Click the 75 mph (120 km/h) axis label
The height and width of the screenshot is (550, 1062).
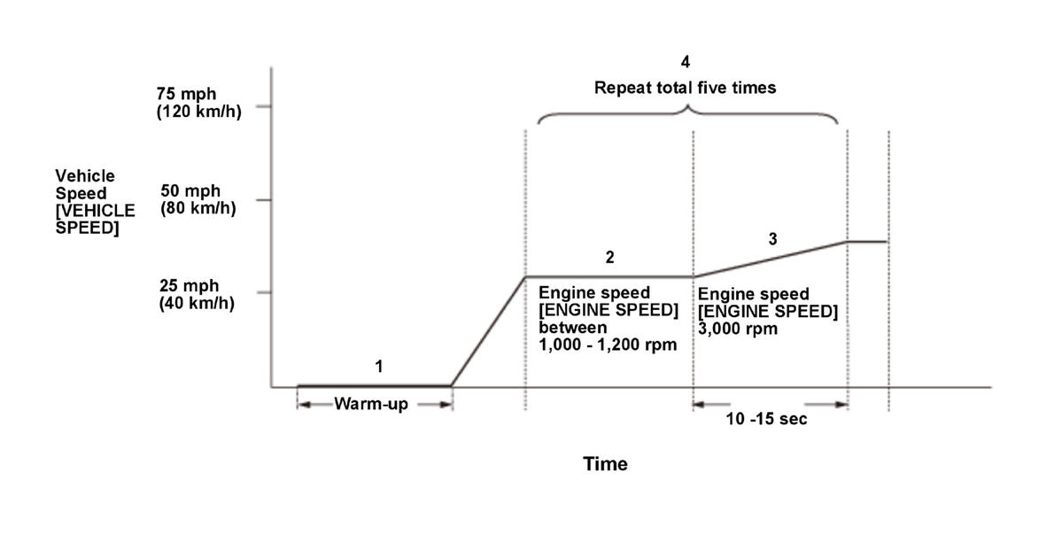click(198, 103)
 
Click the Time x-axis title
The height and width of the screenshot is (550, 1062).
click(605, 463)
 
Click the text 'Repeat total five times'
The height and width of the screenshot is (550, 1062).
click(685, 88)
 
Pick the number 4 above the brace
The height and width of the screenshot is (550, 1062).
click(685, 62)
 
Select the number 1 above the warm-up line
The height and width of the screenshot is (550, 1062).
click(378, 365)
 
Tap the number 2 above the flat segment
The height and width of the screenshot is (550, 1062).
click(609, 258)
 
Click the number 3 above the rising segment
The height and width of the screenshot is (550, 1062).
click(772, 238)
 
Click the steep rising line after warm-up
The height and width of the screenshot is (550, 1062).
click(489, 330)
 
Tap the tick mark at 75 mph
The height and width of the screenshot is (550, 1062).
click(263, 106)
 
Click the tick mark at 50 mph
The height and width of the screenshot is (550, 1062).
click(263, 200)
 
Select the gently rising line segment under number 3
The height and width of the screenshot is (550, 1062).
click(771, 259)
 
